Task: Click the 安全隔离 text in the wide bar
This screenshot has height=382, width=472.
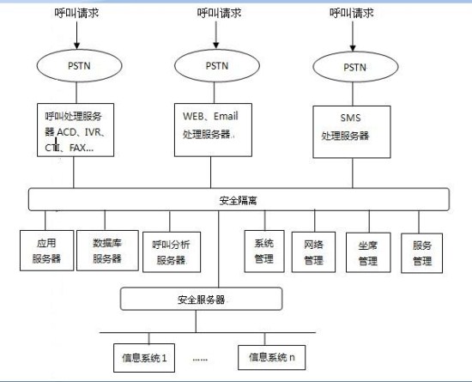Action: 238,200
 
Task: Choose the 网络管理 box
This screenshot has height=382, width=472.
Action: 312,250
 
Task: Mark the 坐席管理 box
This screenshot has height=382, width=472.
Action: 367,250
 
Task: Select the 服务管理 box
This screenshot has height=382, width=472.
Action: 421,250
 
